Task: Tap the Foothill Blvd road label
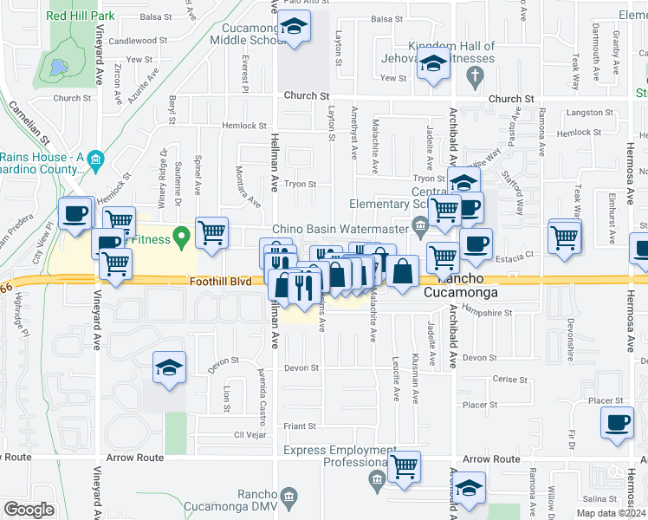(220, 282)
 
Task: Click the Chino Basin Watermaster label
(340, 229)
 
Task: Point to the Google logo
(29, 510)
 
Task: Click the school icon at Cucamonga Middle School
(295, 28)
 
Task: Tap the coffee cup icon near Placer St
(617, 422)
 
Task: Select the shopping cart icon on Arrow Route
(404, 466)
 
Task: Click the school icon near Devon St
(170, 367)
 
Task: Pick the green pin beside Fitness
(181, 235)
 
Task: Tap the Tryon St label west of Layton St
(301, 184)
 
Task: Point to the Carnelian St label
(29, 121)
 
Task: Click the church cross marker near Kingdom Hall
(473, 78)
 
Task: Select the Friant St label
(300, 426)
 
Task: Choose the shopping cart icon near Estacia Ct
(564, 235)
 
